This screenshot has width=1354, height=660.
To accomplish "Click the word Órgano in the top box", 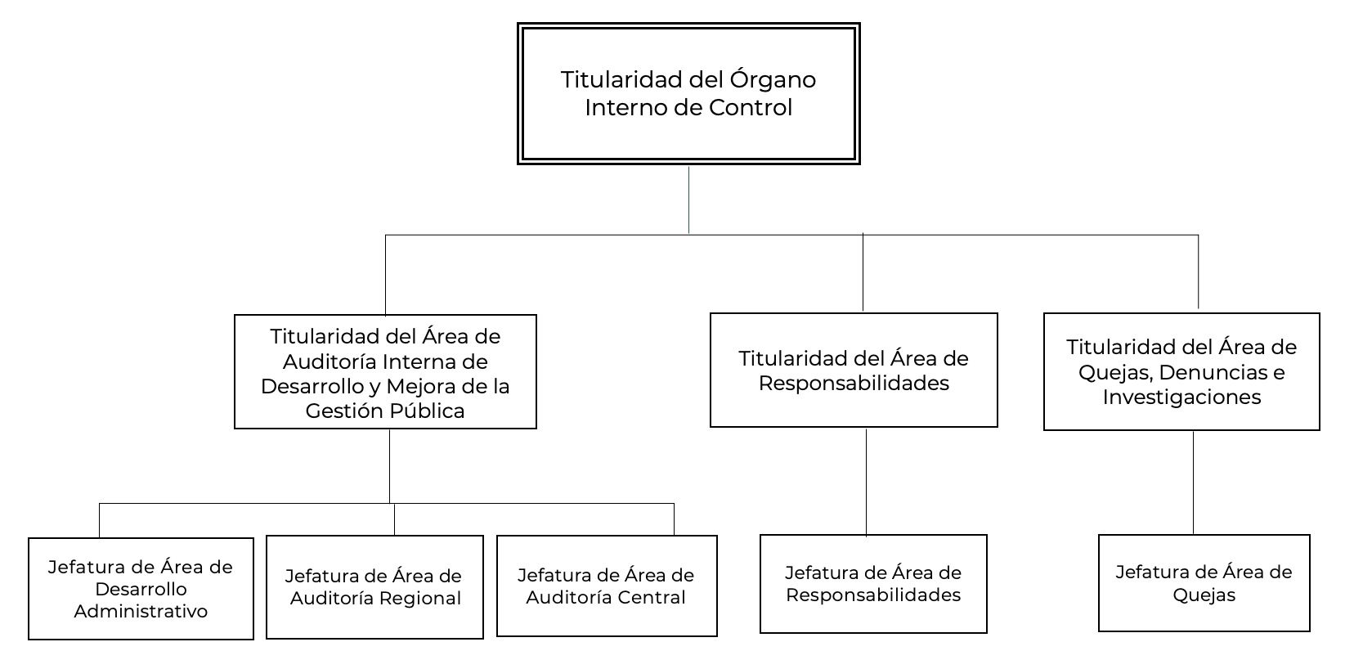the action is click(773, 80).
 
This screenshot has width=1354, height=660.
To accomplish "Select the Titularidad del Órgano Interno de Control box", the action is click(688, 94).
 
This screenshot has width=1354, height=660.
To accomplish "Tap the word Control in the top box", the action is click(750, 108).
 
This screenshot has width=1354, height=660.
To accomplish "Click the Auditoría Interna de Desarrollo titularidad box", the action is click(385, 371).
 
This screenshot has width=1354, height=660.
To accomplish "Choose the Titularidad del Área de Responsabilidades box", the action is click(854, 370).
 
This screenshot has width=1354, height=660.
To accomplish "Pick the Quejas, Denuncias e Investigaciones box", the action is click(1181, 371).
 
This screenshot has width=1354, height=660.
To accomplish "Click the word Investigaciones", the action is click(1181, 397).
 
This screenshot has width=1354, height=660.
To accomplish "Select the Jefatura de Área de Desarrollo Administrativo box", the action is click(141, 589).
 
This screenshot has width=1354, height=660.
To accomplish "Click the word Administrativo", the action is click(141, 611).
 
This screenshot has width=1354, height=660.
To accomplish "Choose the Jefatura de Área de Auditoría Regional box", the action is click(374, 587).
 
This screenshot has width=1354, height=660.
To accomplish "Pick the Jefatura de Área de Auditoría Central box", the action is click(607, 586).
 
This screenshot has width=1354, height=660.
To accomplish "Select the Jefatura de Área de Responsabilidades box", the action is click(873, 584).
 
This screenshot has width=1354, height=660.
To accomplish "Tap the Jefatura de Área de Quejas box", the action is click(1204, 583).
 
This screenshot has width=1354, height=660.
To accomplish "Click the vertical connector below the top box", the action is click(688, 200).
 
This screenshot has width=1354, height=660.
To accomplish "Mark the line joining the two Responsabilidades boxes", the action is click(866, 482).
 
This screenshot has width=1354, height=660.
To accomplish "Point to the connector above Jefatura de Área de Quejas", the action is click(1193, 483).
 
